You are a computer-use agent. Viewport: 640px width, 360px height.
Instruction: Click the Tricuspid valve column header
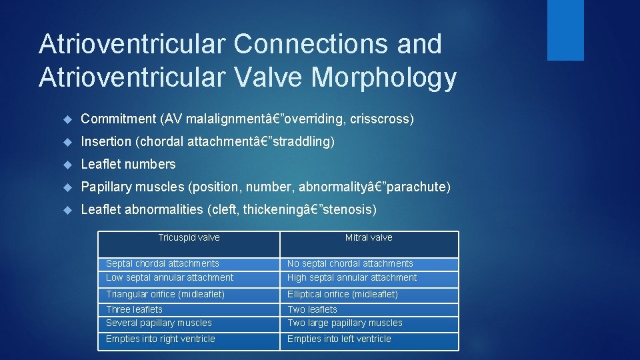tap(189, 238)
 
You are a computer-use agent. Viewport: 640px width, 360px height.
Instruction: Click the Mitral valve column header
tap(369, 238)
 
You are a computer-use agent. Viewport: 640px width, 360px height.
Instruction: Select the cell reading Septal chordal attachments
tap(163, 264)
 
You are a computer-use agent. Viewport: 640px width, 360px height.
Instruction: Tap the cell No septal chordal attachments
tap(350, 264)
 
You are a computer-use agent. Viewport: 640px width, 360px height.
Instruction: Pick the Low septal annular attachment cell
tap(170, 278)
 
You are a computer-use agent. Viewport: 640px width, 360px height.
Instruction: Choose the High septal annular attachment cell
tap(352, 278)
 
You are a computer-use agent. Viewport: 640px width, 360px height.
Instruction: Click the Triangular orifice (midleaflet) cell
tap(165, 294)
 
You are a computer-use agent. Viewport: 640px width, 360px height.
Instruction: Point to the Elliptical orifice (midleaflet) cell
tap(343, 294)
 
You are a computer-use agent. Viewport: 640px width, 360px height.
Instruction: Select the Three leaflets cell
tap(134, 309)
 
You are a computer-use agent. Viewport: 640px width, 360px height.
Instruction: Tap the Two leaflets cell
tap(312, 309)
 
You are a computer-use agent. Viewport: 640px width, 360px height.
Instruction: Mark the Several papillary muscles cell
tap(159, 323)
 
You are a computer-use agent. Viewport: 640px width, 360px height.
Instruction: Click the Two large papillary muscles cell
tap(345, 323)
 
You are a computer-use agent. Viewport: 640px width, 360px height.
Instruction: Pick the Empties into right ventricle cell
tap(161, 339)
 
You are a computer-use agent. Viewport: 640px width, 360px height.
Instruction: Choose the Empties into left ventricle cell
tap(339, 339)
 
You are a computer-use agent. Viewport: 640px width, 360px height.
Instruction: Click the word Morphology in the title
tap(384, 78)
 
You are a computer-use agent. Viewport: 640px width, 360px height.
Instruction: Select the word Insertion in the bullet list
tap(106, 142)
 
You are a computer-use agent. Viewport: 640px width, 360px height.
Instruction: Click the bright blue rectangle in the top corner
tap(565, 30)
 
